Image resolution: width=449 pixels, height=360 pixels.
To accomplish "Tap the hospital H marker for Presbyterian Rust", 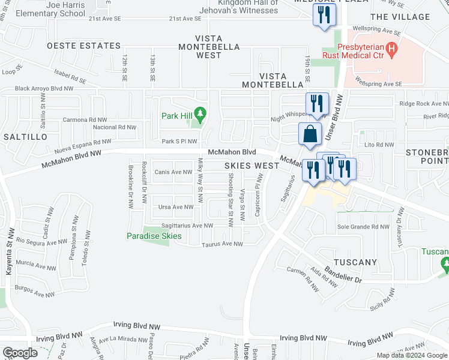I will point(392,48).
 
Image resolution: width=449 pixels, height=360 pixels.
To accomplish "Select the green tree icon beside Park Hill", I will point(202,112).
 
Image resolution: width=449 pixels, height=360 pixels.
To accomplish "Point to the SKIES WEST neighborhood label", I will point(252,165).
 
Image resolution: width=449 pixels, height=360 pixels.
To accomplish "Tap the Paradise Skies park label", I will point(154,236).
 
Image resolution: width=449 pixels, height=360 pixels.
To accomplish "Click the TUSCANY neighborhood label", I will point(355,262).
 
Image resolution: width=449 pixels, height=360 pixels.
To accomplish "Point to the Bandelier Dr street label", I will point(340,274).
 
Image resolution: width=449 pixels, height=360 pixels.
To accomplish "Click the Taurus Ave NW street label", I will point(222,244).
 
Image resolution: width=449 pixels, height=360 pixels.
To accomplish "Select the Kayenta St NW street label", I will point(9,251).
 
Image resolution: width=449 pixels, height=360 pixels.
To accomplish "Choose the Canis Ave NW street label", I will point(173,172).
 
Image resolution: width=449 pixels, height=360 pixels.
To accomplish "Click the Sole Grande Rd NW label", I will point(363,227).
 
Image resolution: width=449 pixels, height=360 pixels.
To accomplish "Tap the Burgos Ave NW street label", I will point(35,295).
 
